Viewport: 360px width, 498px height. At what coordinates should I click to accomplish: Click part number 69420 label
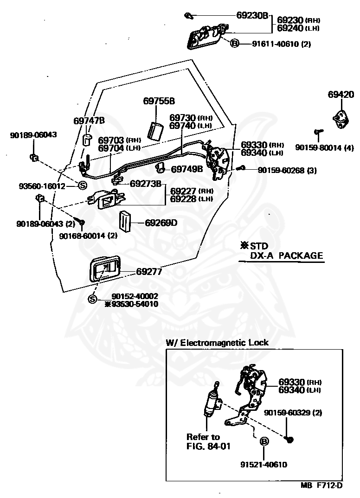341,95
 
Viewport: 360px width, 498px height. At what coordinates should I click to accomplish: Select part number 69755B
159,101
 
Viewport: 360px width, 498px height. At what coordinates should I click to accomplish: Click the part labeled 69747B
87,140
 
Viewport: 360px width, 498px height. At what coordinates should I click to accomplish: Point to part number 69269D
161,223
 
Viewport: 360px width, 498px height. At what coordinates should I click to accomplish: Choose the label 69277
149,272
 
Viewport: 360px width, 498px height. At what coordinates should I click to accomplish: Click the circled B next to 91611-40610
234,43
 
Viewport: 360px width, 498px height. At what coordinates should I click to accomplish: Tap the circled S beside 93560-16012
82,185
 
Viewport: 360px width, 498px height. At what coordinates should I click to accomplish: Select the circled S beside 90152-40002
92,299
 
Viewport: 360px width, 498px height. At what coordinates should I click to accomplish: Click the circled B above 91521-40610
264,441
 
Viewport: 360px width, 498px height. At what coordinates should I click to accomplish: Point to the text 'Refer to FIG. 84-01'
208,441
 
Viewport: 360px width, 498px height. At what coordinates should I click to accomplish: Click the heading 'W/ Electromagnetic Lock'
217,342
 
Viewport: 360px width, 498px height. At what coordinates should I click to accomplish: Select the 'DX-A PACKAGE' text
286,255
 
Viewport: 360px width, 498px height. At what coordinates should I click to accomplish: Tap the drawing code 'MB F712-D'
321,485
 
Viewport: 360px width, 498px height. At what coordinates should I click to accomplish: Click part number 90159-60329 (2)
293,413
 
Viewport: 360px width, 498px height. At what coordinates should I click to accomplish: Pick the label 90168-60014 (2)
88,236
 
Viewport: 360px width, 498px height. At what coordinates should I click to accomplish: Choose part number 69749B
187,169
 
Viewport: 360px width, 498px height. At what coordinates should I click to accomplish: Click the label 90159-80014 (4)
324,148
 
